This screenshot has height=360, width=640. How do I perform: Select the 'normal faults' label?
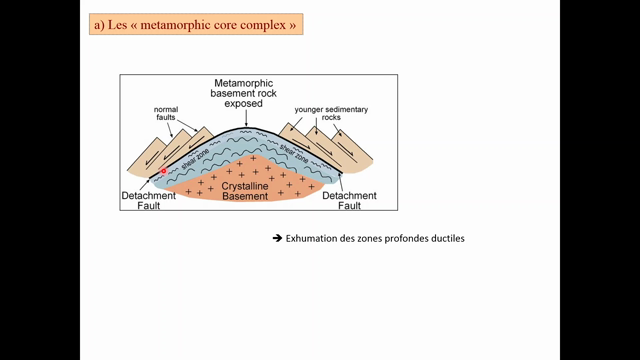(x=165, y=115)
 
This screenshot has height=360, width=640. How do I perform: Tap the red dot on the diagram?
(x=162, y=172)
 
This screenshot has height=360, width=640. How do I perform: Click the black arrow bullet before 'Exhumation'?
(x=277, y=239)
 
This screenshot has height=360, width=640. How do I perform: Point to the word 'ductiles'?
(x=446, y=239)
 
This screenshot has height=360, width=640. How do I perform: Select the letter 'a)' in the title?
(x=98, y=22)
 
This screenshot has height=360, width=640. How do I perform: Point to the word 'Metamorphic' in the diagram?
(x=245, y=83)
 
